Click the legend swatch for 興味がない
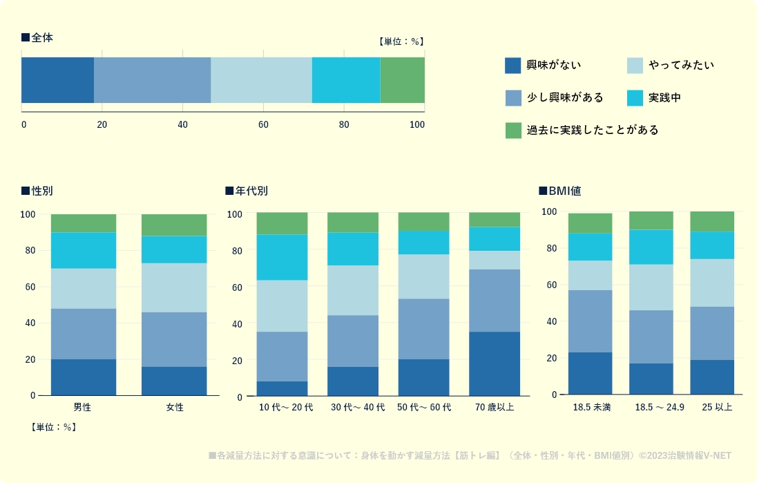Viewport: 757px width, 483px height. coord(513,66)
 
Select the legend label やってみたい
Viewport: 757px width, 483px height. coord(681,66)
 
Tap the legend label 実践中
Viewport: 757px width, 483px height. coord(664,98)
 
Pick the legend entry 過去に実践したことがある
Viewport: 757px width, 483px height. coord(592,130)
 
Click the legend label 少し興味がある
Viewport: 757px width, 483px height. coord(564,98)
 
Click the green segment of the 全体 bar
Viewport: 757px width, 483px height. coord(402,80)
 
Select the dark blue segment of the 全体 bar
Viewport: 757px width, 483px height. coord(57,80)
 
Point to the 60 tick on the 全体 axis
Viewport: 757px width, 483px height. coord(263,125)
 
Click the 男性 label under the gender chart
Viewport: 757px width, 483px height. coord(83,408)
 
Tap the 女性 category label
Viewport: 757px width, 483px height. coord(174,408)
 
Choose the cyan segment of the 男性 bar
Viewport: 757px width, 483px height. coord(84,250)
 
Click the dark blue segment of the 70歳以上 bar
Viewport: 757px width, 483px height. coord(494,363)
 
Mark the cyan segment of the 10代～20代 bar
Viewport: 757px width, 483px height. coord(282,257)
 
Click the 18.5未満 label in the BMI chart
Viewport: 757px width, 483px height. coord(591,407)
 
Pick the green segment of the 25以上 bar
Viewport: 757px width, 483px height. coord(711,221)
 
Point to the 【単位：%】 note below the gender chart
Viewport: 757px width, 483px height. coord(53,427)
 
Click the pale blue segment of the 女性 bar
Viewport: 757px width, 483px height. coord(174,287)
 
